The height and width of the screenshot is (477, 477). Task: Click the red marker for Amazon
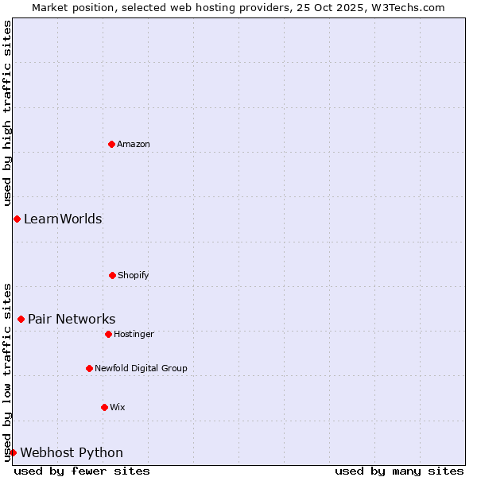click(x=111, y=144)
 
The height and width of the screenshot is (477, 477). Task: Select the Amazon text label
click(x=134, y=144)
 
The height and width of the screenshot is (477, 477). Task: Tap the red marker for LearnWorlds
click(x=17, y=219)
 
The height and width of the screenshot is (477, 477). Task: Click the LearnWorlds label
click(x=63, y=219)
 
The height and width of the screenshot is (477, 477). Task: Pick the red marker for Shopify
click(x=112, y=275)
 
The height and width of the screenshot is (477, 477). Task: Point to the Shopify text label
click(x=134, y=276)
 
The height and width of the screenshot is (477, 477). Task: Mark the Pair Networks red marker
click(x=21, y=319)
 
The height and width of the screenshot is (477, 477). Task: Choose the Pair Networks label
click(x=72, y=320)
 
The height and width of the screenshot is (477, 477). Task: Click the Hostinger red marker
click(x=108, y=334)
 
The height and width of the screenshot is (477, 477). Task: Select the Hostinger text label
click(x=134, y=335)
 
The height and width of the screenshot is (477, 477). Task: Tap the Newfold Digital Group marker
click(x=89, y=368)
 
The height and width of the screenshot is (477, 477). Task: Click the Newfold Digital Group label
click(x=141, y=369)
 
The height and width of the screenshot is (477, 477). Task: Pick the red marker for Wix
click(x=104, y=407)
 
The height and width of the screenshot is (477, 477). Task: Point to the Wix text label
click(x=118, y=408)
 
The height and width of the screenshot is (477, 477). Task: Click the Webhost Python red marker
click(x=13, y=452)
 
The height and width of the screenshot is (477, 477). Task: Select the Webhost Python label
click(x=72, y=453)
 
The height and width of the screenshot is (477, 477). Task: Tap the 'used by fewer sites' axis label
click(x=82, y=471)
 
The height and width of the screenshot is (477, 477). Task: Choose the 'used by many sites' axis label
click(x=399, y=471)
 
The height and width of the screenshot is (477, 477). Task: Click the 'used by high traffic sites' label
click(x=8, y=113)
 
